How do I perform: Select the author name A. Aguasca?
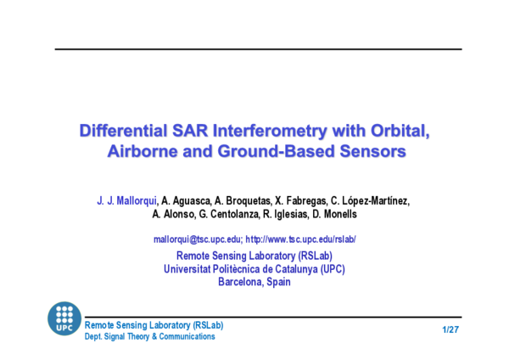[187, 200]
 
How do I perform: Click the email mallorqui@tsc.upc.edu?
[198, 239]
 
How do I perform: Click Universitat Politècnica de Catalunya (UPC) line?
[254, 269]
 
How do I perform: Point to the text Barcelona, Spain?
[254, 282]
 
